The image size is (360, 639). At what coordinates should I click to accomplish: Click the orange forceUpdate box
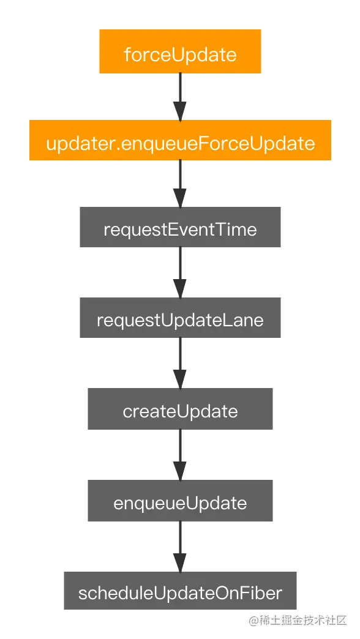point(180,51)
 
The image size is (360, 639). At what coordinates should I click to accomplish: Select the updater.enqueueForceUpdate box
point(180,140)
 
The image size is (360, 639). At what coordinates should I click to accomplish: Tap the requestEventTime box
point(180,227)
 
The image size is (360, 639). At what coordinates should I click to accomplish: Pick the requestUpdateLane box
point(180,318)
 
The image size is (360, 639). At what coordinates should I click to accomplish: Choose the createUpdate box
point(180,408)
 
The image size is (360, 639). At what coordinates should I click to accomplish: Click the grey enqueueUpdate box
point(180,501)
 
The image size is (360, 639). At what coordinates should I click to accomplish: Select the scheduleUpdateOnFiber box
point(180,591)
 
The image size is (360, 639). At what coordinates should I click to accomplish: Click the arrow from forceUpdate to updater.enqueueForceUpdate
point(180,97)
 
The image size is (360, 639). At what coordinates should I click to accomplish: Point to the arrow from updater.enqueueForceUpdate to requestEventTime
point(180,184)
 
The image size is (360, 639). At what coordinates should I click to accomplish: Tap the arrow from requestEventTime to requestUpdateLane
point(180,272)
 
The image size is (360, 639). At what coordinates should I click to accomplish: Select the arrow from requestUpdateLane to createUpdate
point(180,363)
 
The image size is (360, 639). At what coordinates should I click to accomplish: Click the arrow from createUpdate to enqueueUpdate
point(180,454)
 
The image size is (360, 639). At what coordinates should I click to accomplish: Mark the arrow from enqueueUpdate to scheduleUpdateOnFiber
point(180,547)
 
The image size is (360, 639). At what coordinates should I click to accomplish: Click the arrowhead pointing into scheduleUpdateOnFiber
point(180,562)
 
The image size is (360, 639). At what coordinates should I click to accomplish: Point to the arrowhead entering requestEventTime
point(180,198)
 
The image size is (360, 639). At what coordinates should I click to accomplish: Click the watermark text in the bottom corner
point(298,621)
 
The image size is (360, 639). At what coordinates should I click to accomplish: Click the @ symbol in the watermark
point(255,621)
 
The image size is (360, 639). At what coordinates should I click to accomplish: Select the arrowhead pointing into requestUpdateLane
point(180,288)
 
